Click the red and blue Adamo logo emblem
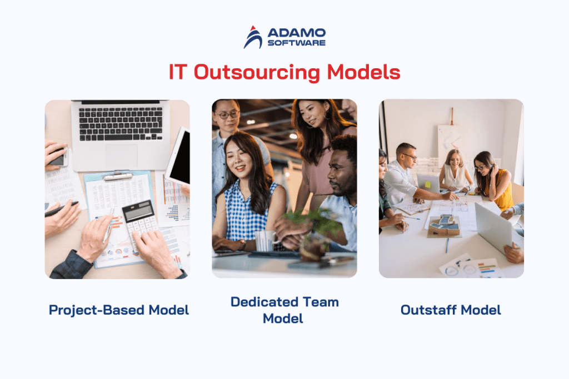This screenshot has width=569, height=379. [253, 37]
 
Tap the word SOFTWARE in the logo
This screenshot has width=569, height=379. [296, 42]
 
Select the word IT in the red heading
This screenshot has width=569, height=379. [178, 73]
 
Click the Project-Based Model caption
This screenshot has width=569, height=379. [119, 310]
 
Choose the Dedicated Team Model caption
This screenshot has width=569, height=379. [284, 310]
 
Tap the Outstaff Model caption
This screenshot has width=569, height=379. [451, 310]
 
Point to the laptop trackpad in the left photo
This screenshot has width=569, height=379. [121, 155]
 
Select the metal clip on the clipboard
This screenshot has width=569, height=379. [117, 176]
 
